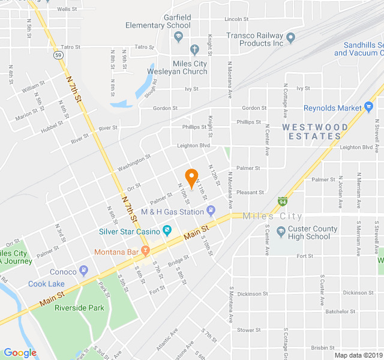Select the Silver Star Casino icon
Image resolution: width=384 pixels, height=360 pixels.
tap(167, 231)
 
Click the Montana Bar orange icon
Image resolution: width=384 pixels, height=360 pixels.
tap(145, 250)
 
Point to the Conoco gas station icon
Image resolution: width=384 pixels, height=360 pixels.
tap(84, 272)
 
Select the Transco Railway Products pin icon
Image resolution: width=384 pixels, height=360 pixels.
tap(290, 39)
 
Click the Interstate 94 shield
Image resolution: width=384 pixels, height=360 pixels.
tap(283, 202)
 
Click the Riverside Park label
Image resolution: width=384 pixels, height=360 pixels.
tap(79, 308)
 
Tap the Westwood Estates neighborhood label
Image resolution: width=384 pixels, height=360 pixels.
tap(315, 131)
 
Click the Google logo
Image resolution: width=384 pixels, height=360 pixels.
tap(20, 353)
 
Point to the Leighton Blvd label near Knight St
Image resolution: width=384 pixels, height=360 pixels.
tap(194, 146)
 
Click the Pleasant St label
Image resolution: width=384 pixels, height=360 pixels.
tap(250, 193)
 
